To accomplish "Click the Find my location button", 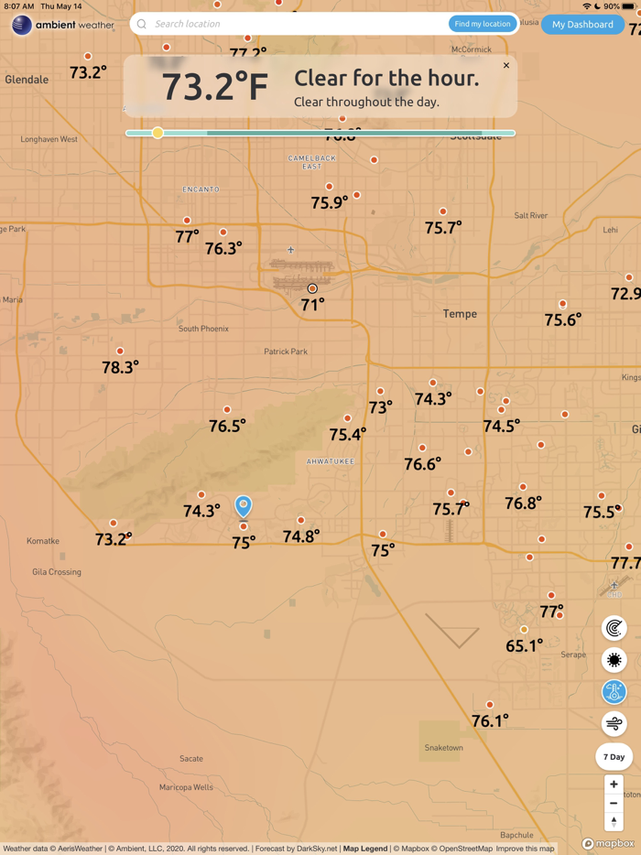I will point(482,24).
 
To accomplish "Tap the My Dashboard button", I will point(582,25).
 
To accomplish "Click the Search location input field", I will point(293,24).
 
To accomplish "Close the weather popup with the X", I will point(506,66).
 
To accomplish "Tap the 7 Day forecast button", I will point(614,757).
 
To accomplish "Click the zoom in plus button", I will point(614,785).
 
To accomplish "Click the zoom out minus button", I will point(614,804).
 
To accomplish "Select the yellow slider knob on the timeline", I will point(158,133).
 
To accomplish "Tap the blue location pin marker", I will point(243,505).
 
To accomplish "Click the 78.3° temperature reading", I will point(120,367).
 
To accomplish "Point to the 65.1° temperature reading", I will point(524,645).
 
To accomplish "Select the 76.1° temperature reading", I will point(490,721).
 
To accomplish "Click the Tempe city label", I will point(460,314).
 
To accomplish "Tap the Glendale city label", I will point(27,80).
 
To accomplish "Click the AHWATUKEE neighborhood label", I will point(331,461).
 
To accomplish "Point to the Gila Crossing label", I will point(57,572).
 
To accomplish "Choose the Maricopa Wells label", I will point(186,787).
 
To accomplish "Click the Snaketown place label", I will point(443,748).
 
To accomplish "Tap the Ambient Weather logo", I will point(62,25).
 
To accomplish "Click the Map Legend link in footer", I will point(365,849).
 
